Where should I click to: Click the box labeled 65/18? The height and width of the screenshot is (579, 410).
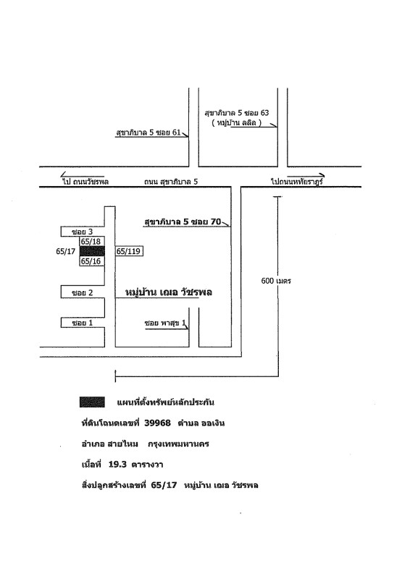[92, 242]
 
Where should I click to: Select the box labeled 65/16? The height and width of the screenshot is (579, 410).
[92, 261]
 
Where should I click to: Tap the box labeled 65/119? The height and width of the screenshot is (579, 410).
[129, 251]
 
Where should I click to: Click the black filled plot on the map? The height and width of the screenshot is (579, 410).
[92, 251]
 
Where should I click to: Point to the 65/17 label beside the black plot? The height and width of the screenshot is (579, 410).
[65, 251]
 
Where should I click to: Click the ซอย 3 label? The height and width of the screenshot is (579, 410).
[83, 232]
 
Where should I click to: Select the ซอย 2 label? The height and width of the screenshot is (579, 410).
[83, 293]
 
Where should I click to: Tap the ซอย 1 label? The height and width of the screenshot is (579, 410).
[83, 323]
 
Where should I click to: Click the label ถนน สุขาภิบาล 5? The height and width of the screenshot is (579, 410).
[171, 182]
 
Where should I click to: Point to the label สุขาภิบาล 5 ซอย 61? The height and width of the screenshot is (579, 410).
[148, 132]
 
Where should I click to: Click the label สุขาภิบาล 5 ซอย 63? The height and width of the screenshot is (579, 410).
[237, 113]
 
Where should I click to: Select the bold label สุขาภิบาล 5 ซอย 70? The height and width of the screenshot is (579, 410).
[183, 221]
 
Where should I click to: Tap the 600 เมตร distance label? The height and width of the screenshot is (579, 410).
[276, 281]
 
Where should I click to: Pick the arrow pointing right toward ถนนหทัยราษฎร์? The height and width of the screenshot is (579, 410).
[306, 175]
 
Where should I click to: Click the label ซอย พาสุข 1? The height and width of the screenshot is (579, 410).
[165, 323]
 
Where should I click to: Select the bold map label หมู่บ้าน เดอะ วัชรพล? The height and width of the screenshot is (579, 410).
[169, 292]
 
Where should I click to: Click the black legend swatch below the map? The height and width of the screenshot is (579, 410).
[92, 402]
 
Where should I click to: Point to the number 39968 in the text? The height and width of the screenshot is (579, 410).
[157, 423]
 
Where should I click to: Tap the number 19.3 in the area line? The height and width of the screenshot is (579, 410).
[117, 465]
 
